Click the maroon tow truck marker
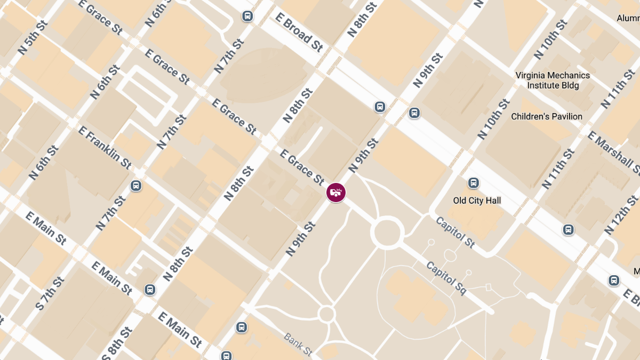(x=336, y=193)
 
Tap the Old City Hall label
(x=477, y=201)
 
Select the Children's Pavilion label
(x=547, y=116)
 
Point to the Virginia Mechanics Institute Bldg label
(x=553, y=80)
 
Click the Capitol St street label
(x=455, y=232)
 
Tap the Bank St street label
(x=298, y=345)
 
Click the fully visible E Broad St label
(x=299, y=31)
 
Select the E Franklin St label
(x=105, y=147)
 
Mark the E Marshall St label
(x=614, y=154)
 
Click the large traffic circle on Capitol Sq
(x=386, y=233)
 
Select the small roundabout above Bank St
(x=326, y=313)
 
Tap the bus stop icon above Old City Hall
(x=473, y=183)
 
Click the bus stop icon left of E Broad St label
(x=247, y=16)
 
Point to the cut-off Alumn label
(x=628, y=18)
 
